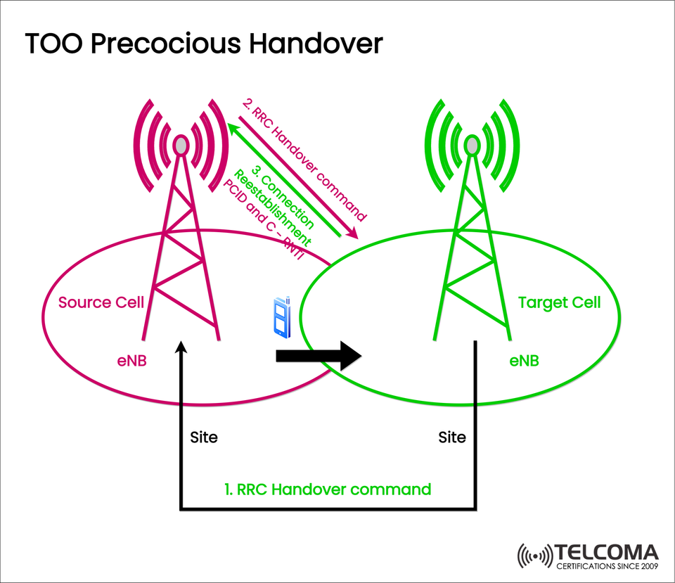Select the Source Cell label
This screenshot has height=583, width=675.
101,302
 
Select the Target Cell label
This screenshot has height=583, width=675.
559,302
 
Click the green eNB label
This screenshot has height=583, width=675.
524,361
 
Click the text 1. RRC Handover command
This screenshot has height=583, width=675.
327,489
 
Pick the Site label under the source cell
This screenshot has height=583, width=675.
204,437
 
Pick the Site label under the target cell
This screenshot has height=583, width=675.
451,437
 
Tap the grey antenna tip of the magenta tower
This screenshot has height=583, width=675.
181,146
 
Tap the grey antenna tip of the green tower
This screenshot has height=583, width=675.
472,146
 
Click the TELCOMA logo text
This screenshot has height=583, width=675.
606,553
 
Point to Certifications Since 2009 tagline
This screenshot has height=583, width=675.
606,566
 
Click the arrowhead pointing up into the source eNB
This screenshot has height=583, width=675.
182,348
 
